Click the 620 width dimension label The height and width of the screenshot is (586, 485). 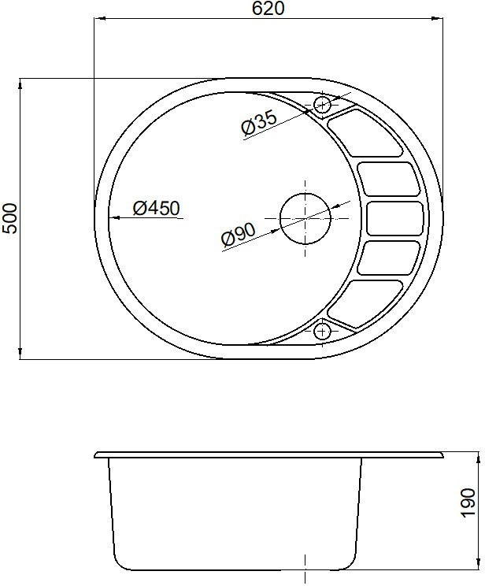click(268, 9)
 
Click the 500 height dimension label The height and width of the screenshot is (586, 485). click(9, 219)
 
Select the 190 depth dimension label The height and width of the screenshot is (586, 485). click(468, 503)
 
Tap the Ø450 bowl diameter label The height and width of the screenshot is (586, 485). click(156, 208)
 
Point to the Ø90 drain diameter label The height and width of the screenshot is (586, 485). click(239, 235)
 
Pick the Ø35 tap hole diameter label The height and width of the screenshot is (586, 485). click(259, 122)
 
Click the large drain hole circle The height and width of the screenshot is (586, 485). click(305, 218)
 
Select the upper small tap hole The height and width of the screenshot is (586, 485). click(322, 104)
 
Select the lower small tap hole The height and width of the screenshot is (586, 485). click(322, 331)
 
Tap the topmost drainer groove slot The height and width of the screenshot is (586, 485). click(366, 133)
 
